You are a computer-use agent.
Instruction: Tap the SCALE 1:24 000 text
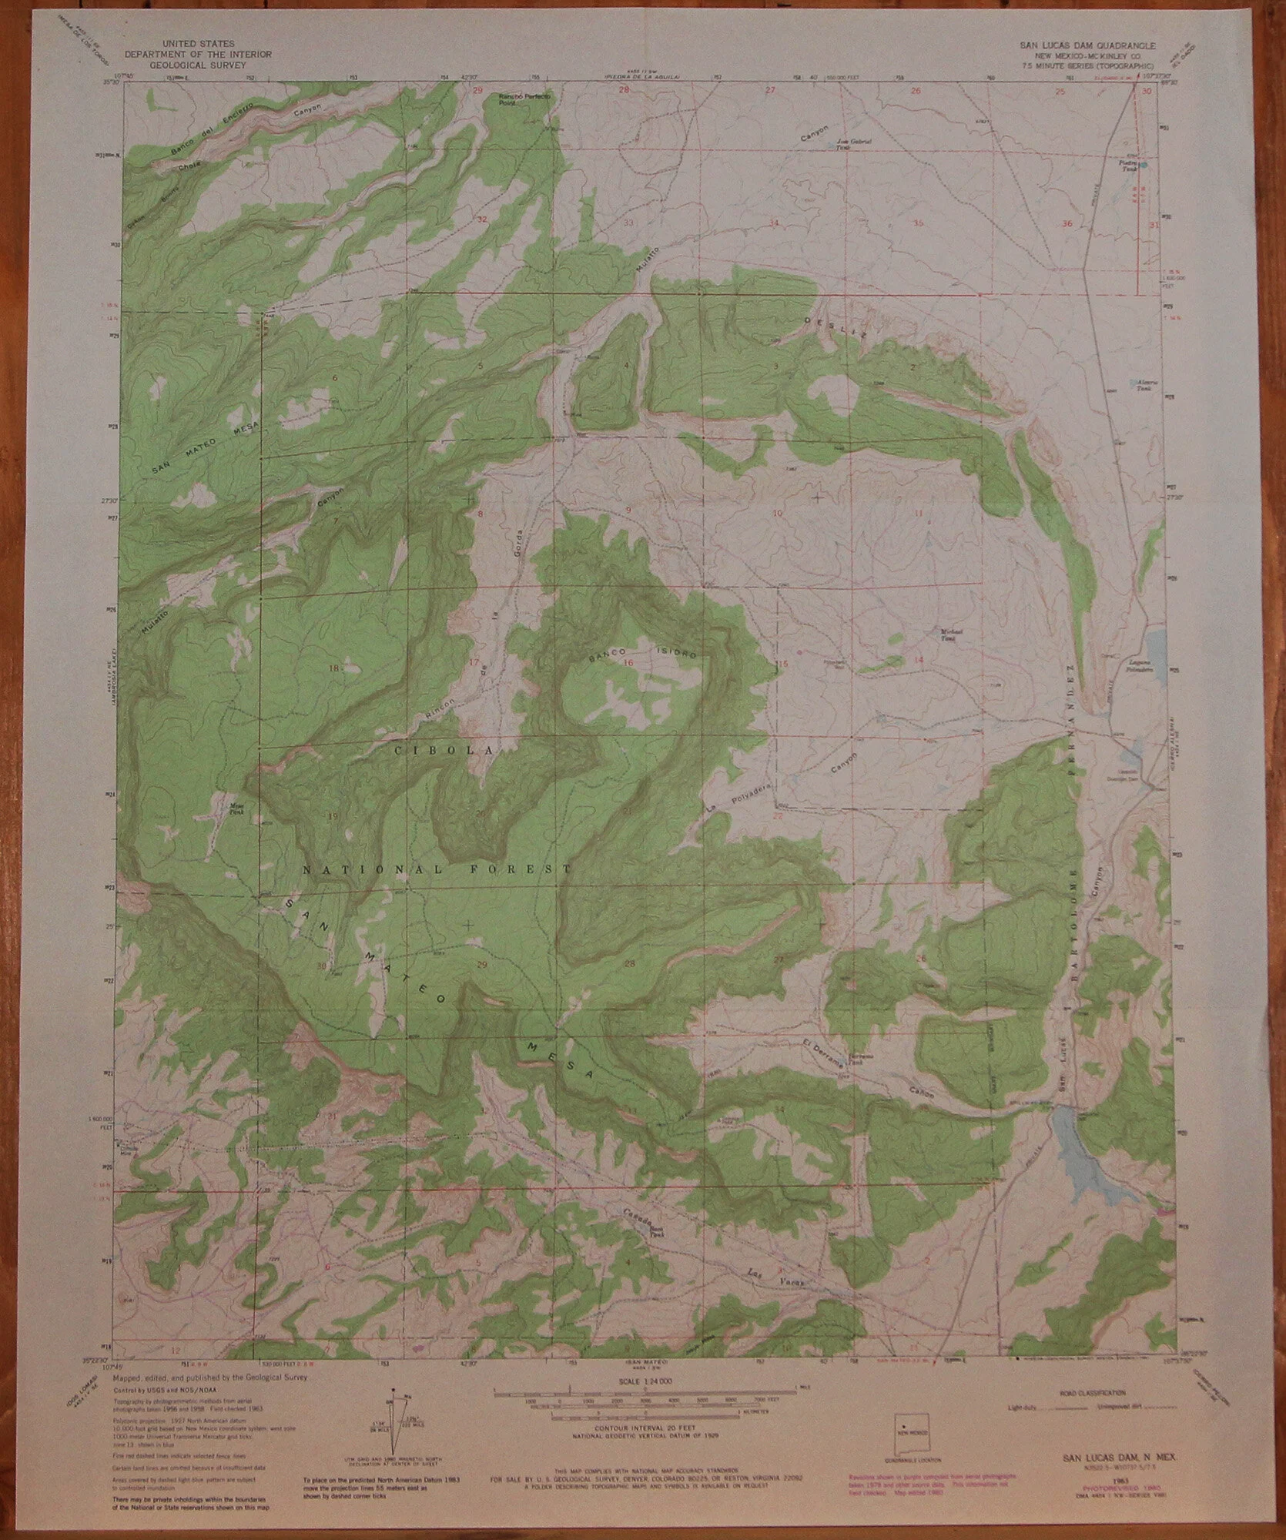coord(656,1382)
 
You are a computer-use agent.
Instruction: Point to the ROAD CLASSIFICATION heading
coord(1093,1393)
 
